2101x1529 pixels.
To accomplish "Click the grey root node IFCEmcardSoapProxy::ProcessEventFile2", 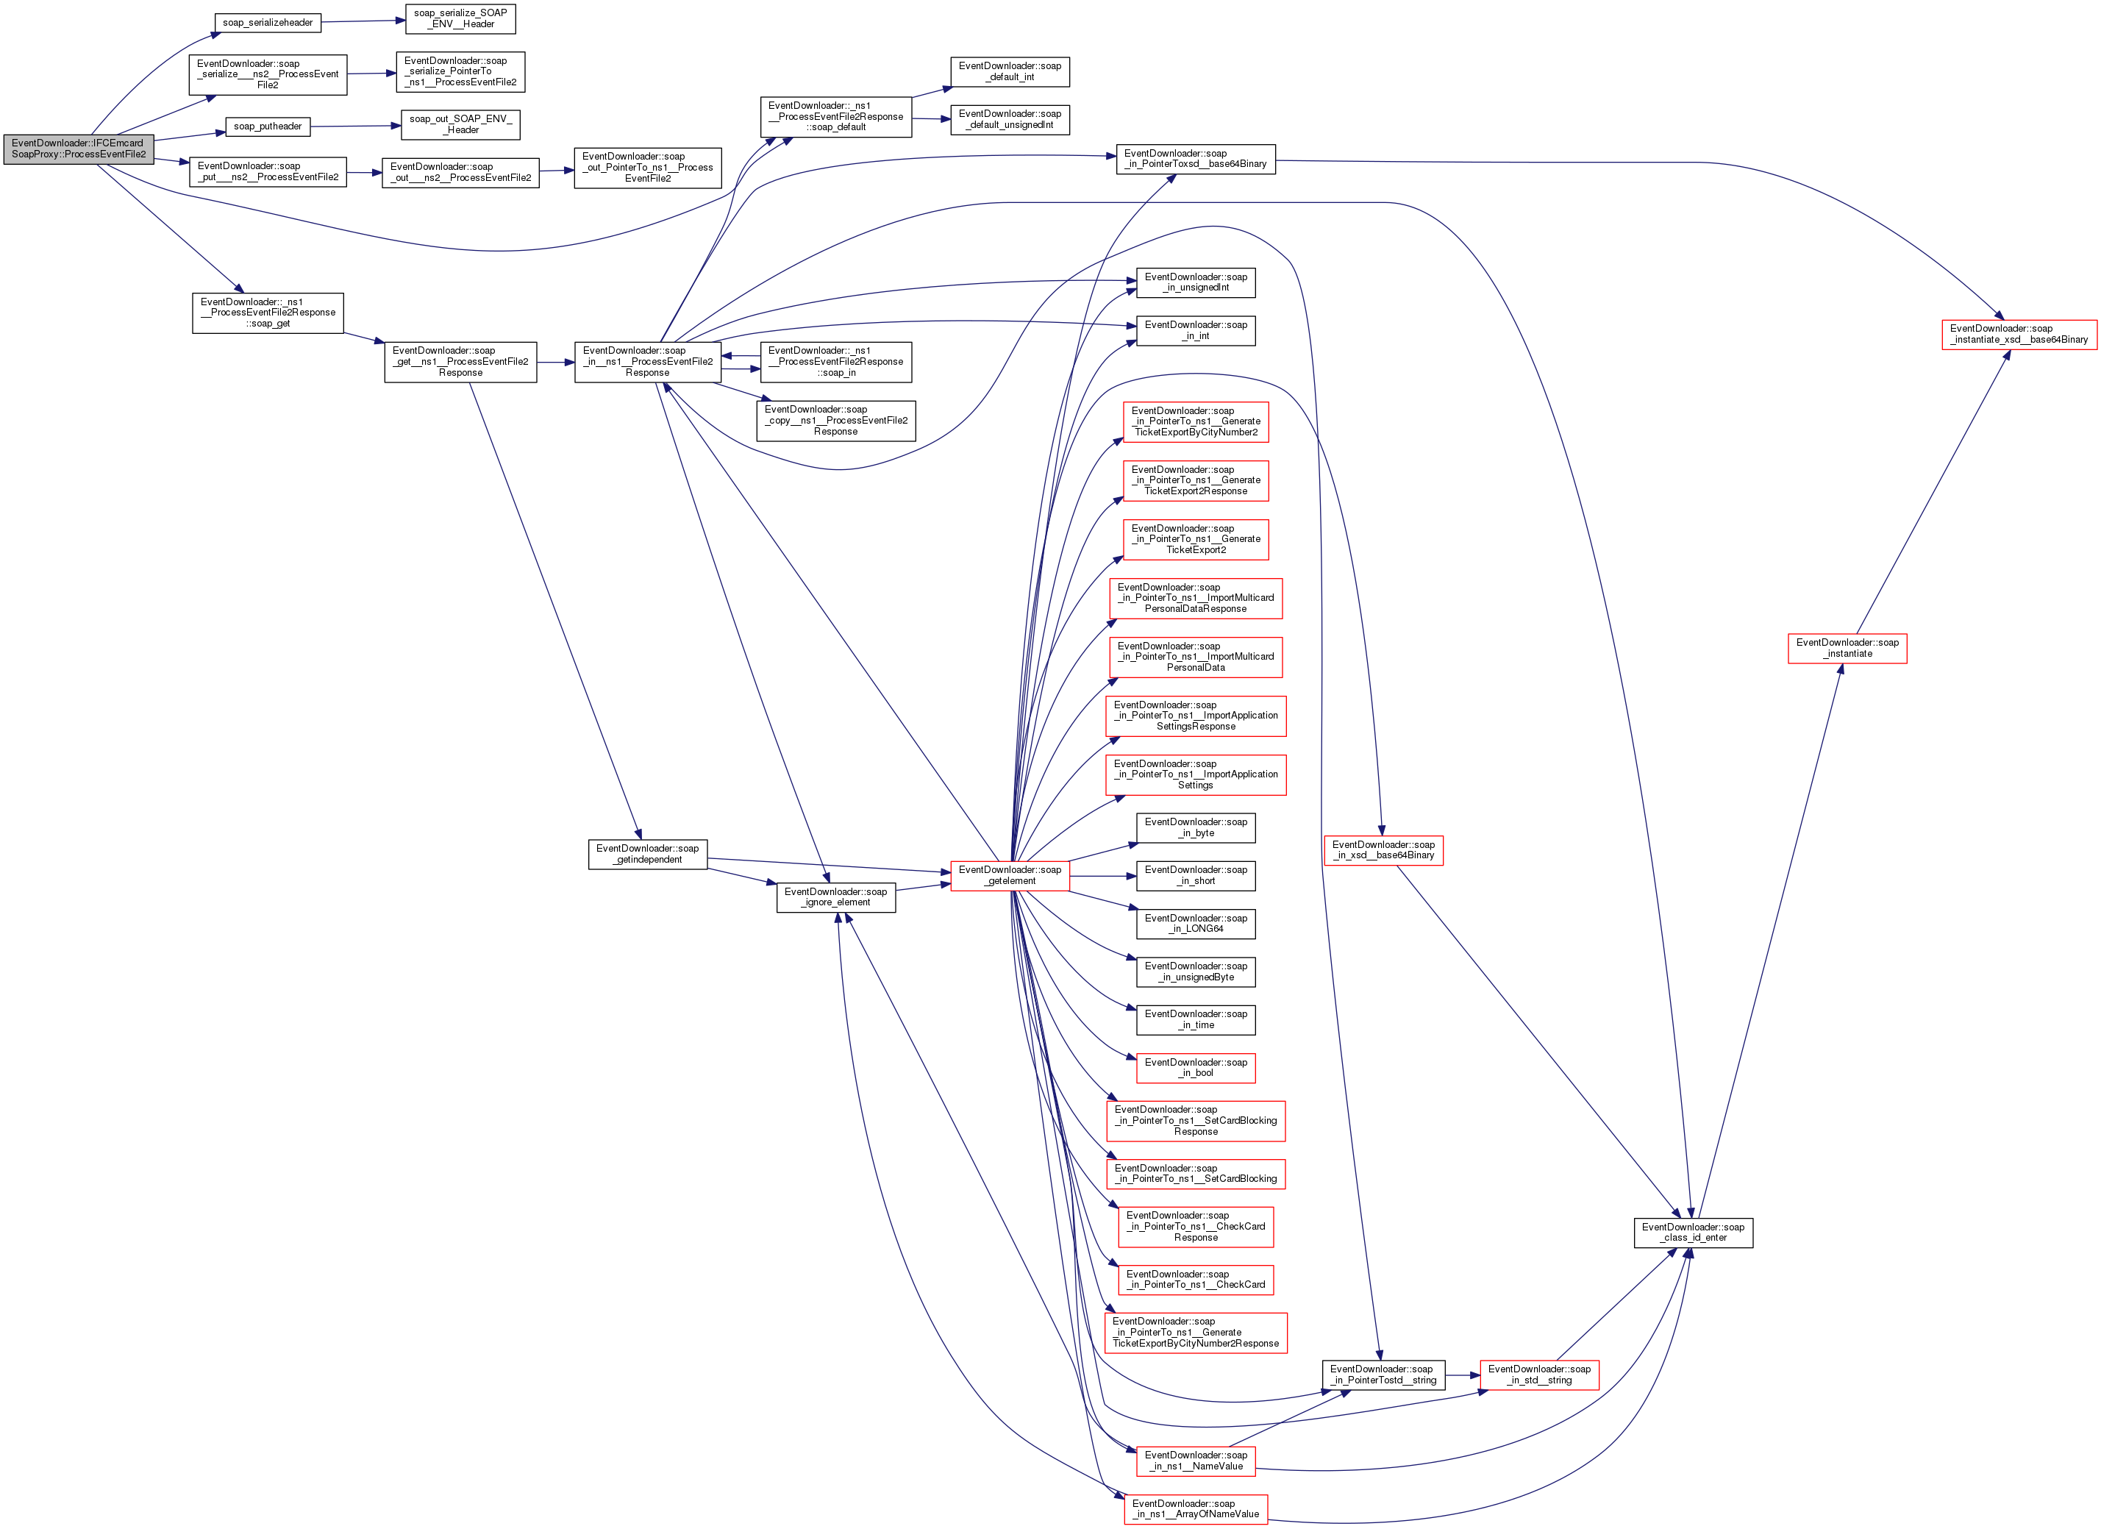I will tap(78, 149).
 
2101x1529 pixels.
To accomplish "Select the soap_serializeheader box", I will tap(268, 22).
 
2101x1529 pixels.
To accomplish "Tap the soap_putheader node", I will tap(268, 126).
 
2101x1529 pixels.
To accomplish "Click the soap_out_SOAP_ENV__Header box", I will tap(460, 124).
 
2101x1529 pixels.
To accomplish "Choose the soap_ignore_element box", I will tap(835, 897).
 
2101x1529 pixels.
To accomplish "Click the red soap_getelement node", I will tap(1010, 874).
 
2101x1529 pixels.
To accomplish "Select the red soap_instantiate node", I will tap(1847, 648).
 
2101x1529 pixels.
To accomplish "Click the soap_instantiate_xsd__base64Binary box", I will tap(2019, 334).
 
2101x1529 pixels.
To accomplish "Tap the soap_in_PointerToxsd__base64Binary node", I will tap(1195, 158).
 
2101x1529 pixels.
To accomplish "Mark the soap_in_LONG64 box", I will tap(1196, 923).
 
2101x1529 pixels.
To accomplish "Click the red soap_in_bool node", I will tap(1196, 1068).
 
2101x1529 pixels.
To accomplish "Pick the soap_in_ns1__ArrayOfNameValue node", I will tap(1195, 1508).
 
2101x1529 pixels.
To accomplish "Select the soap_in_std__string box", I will tap(1538, 1375).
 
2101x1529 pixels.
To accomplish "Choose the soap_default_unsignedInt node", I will tap(1010, 120).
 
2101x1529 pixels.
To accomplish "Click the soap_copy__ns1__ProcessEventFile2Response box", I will tap(835, 420).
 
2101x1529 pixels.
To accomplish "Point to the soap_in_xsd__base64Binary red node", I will tap(1383, 849).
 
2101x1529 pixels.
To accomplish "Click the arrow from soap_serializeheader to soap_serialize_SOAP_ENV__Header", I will tap(363, 21).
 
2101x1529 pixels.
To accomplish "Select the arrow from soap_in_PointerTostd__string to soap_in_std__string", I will tap(1462, 1375).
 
